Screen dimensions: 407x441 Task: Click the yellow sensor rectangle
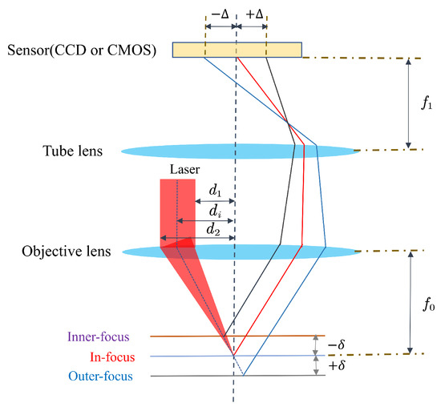[x=253, y=49]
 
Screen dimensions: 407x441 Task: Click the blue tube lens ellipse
[x=241, y=150]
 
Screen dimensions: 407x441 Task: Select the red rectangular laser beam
[x=177, y=208]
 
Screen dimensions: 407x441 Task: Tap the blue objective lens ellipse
[x=241, y=251]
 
